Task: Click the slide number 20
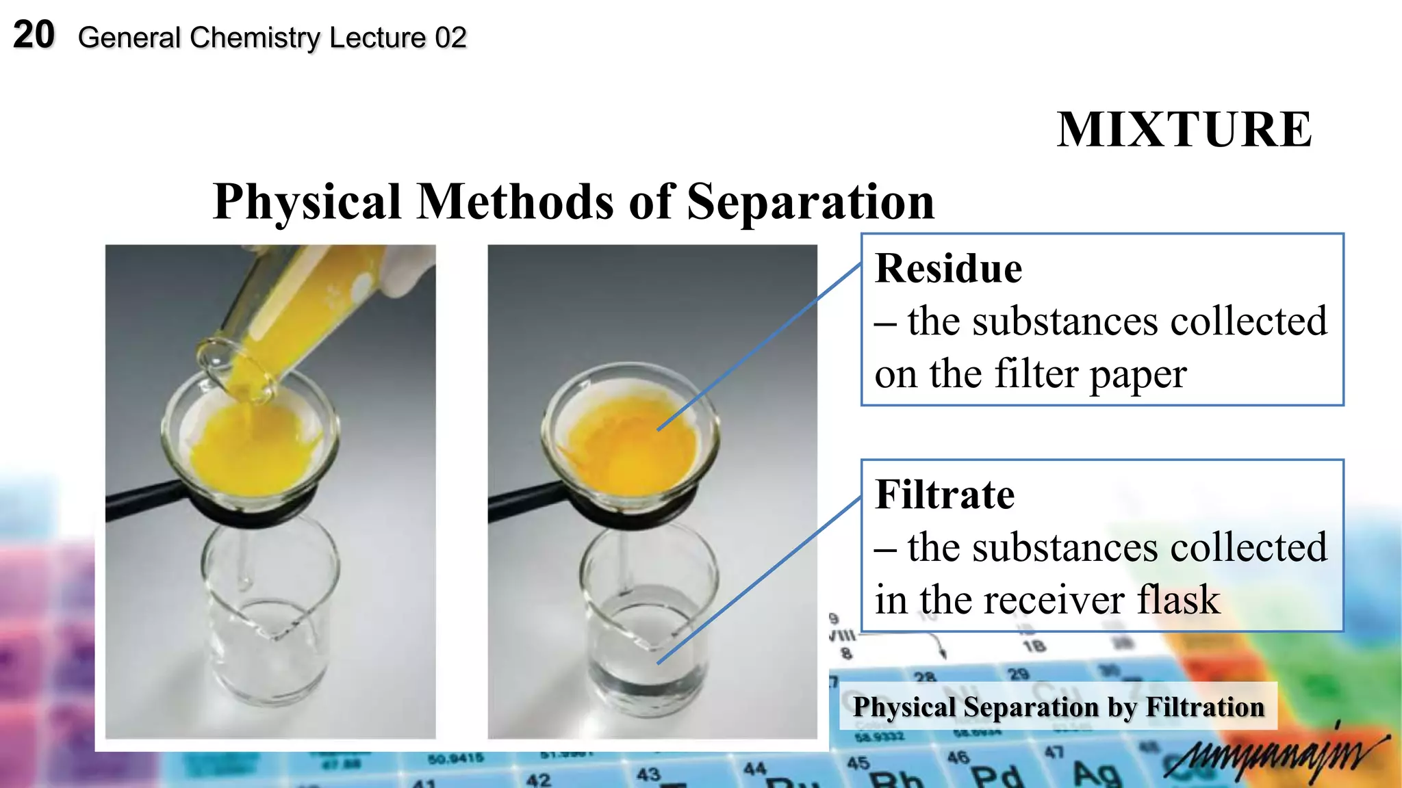pos(34,35)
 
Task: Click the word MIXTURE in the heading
pos(1184,129)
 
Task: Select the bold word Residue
pos(948,268)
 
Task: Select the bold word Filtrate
pos(945,495)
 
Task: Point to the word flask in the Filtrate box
pos(1178,600)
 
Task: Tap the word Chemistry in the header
pos(255,38)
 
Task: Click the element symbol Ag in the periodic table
pos(1097,774)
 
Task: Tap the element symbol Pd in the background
pos(997,777)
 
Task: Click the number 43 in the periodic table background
pos(648,774)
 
